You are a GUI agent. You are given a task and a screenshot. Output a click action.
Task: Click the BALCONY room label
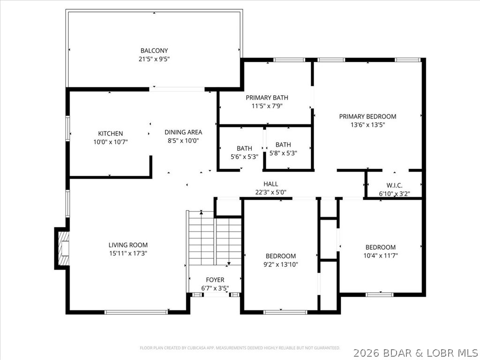coord(154,51)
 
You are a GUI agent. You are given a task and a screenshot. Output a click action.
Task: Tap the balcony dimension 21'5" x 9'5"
coord(154,59)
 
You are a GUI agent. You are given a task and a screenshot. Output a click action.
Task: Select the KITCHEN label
coord(111,134)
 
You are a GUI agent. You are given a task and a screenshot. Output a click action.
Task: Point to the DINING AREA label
coord(183,132)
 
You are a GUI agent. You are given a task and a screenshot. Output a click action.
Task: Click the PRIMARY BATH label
coord(267,97)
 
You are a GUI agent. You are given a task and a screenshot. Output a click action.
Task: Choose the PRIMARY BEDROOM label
coord(367,116)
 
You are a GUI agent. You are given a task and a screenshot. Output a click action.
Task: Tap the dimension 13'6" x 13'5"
coord(367,125)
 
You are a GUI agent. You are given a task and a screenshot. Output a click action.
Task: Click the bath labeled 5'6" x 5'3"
coord(244,149)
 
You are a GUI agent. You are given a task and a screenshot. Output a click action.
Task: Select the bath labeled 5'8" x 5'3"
coord(283,145)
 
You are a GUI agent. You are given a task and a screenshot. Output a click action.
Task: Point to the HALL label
coord(270,184)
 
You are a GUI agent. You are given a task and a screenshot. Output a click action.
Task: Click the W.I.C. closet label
coord(394,185)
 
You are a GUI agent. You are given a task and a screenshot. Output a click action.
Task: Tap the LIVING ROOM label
coord(128,245)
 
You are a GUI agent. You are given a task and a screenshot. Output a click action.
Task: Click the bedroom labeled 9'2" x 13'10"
coord(281,256)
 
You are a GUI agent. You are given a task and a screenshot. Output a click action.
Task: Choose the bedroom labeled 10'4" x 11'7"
coord(381,247)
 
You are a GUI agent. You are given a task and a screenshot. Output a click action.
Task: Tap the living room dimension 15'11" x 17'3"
coord(128,253)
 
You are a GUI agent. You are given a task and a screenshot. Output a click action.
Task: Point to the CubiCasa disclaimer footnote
coord(240,348)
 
